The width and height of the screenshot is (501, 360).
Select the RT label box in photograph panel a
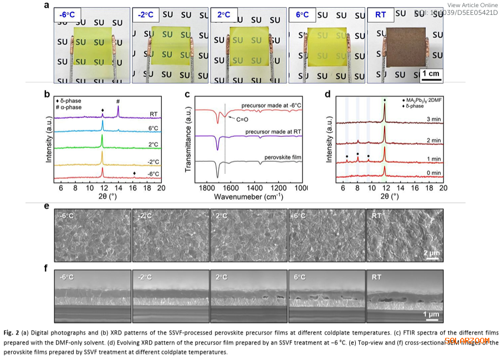380,14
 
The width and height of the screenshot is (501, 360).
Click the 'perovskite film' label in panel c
282,157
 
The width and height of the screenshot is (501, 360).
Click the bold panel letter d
328,94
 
